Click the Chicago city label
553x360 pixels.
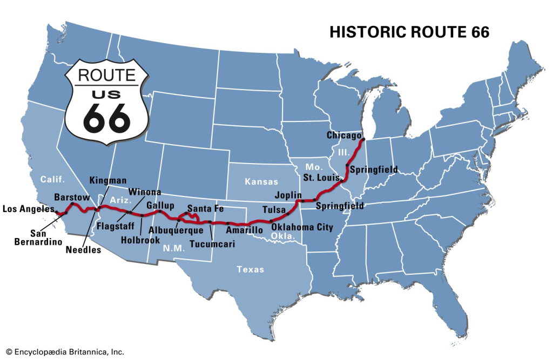click(343, 135)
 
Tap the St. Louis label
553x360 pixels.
click(321, 177)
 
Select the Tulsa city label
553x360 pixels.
click(273, 209)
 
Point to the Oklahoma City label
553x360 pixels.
click(302, 227)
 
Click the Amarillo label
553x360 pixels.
click(244, 230)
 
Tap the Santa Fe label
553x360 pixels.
click(206, 208)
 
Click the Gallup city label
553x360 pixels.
click(160, 206)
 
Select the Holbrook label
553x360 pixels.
click(139, 240)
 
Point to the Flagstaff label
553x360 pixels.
click(115, 225)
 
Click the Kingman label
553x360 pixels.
click(108, 180)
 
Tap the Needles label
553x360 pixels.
click(83, 250)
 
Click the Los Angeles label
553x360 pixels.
click(28, 209)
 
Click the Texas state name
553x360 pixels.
click(251, 269)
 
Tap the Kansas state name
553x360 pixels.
click(261, 181)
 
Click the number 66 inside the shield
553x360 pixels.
click(107, 118)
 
